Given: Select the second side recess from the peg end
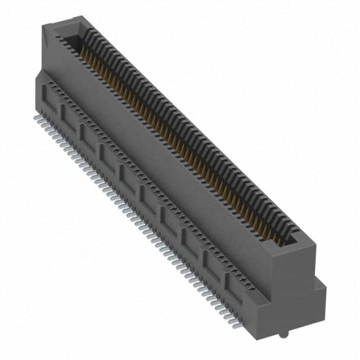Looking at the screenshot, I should click(211, 264).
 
